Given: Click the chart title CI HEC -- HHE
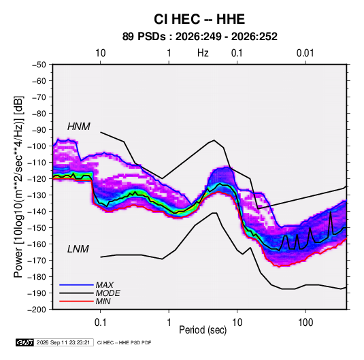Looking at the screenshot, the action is [199, 19].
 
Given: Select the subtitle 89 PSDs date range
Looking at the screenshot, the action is [199, 37].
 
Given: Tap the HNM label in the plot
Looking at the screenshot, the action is [79, 127].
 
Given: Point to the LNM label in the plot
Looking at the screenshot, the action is [78, 249].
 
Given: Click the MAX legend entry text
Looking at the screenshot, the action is [105, 284].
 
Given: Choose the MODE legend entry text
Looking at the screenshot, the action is [107, 293].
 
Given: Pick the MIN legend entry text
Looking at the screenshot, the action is [103, 301].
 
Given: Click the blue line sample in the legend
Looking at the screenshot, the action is [76, 284].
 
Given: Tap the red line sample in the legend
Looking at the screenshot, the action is [76, 301].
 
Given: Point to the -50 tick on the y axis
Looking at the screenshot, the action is [39, 65].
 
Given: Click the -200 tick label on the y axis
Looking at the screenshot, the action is [37, 310].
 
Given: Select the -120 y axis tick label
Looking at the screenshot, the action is [37, 179].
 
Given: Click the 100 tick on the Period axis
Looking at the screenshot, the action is [305, 323].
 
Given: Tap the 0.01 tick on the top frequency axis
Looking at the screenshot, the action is [305, 53].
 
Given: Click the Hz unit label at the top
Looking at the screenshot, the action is [203, 53].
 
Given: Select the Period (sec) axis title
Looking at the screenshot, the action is [203, 330].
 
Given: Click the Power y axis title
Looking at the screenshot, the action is [19, 187].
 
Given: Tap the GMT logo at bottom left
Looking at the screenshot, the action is [24, 342].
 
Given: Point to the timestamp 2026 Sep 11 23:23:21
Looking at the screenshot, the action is [63, 342].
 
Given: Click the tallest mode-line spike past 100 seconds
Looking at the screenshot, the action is [331, 211].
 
